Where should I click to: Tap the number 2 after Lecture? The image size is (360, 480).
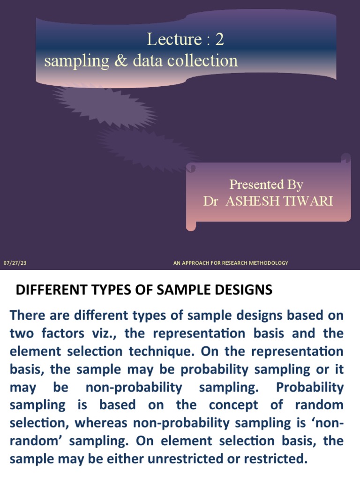click(x=219, y=40)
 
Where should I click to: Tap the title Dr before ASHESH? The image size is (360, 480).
click(x=210, y=201)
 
